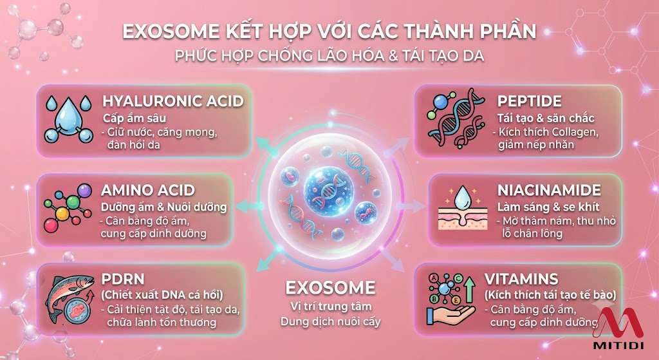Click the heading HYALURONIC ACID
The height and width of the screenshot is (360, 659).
[172, 101]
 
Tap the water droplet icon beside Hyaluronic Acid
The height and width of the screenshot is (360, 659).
[68, 119]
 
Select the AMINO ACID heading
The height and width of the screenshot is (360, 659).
[147, 190]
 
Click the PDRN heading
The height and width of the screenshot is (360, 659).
[123, 279]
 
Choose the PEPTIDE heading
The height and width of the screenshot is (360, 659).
[529, 101]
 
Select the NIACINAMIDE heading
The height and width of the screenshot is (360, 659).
[549, 190]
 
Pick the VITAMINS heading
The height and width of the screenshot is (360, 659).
[521, 279]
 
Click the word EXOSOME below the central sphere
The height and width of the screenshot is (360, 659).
[330, 288]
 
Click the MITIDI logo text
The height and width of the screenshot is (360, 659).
[618, 346]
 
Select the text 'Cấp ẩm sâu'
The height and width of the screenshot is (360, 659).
[135, 118]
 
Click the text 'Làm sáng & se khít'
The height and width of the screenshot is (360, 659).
[548, 207]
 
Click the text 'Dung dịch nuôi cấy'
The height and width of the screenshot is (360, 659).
[330, 322]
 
